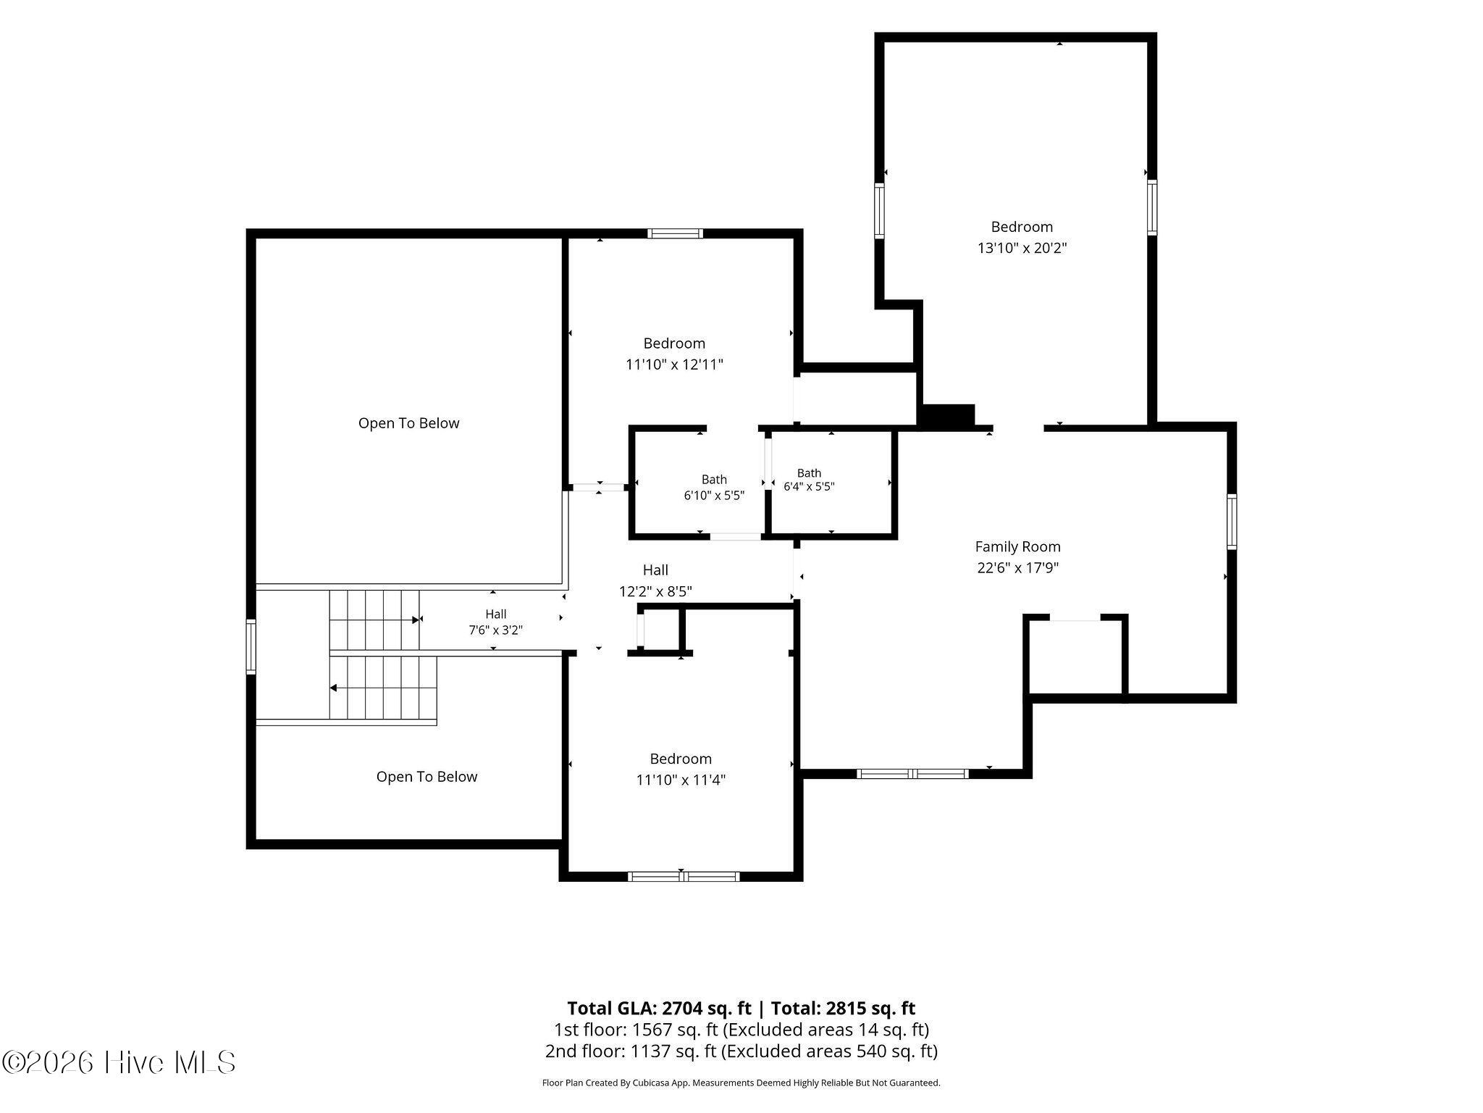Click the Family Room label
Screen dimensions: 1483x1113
click(x=1017, y=547)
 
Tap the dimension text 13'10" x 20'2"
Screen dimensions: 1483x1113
click(x=1022, y=248)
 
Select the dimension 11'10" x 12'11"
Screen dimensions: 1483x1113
click(x=674, y=364)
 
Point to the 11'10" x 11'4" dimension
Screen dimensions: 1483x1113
click(x=681, y=780)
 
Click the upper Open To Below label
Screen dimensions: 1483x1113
click(x=408, y=423)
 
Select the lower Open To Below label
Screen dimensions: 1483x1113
click(x=427, y=777)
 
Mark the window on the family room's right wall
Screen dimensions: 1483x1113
click(x=1232, y=522)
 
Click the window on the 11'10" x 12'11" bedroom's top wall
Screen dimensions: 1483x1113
click(x=675, y=233)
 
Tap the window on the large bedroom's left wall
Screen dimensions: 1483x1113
click(x=880, y=210)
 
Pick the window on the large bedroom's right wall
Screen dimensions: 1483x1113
click(x=1151, y=207)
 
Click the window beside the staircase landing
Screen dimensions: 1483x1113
click(x=251, y=647)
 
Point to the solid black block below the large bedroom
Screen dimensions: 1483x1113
click(x=946, y=415)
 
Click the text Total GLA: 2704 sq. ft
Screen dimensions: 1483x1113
click(x=659, y=1008)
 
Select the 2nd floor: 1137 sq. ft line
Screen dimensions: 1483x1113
click(x=741, y=1051)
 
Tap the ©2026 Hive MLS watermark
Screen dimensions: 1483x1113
click(x=119, y=1063)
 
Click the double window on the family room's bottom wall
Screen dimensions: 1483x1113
click(x=912, y=774)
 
